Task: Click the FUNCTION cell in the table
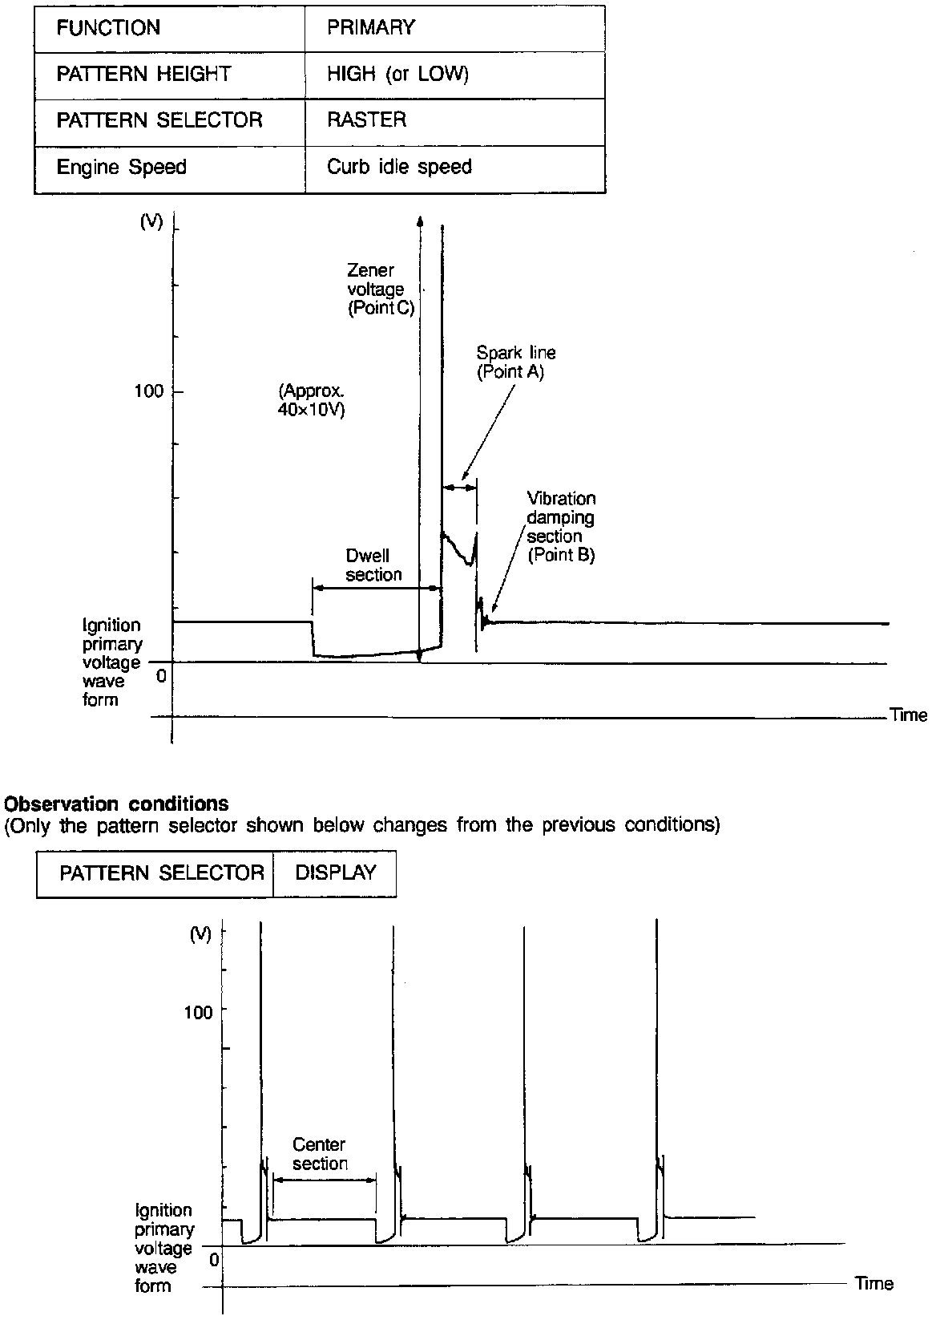pos(107,28)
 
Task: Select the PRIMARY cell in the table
pos(371,28)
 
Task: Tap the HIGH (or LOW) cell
pos(397,75)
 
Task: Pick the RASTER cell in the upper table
pos(366,120)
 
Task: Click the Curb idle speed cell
pos(399,167)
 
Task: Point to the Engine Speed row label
pos(121,167)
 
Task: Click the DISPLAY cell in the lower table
pos(336,873)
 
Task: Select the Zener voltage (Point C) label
pos(381,290)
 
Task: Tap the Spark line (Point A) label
pos(515,362)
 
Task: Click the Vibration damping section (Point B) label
pos(561,526)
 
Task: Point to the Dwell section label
pos(373,565)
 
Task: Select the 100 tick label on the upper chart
pos(148,392)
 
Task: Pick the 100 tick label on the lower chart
pos(198,1012)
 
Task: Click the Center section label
pos(320,1154)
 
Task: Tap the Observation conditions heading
pos(117,804)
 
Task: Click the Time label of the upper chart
pos(908,715)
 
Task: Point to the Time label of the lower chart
pos(873,1284)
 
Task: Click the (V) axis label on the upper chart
pos(151,223)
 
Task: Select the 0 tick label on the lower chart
pos(214,1260)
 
